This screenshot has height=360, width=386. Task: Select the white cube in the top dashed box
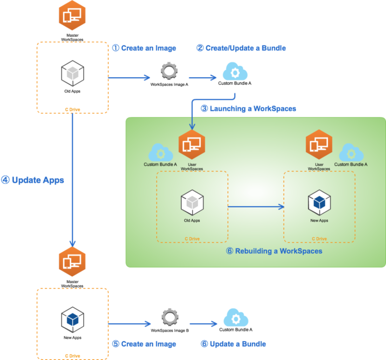pos(72,74)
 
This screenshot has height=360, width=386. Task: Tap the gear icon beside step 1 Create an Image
pos(169,71)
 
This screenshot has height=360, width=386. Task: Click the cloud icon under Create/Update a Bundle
pos(235,72)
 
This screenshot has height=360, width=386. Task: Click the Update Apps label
pos(33,180)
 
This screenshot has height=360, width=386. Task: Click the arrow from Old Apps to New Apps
pos(256,207)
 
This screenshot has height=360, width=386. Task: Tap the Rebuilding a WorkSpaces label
pos(274,251)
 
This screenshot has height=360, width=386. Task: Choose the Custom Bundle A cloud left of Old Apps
pos(160,153)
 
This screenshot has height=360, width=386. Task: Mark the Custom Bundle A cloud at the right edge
pos(351,153)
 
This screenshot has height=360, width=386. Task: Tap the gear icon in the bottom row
pos(169,318)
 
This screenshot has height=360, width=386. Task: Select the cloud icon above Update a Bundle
pos(235,319)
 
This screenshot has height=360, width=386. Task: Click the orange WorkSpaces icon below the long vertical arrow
pos(72,263)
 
